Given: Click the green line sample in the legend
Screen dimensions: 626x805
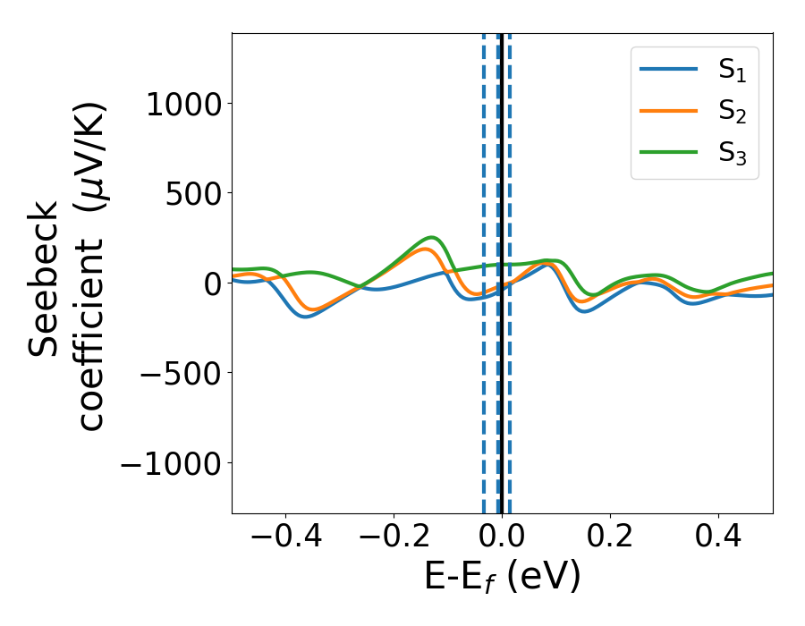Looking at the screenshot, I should click(x=668, y=153).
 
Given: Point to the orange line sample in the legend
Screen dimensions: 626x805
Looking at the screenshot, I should click(x=668, y=112).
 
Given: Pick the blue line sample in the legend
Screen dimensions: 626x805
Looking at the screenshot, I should click(x=668, y=72).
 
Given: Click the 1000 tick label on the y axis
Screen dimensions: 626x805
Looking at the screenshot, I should click(x=183, y=104).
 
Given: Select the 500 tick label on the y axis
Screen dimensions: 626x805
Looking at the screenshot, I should click(x=195, y=193).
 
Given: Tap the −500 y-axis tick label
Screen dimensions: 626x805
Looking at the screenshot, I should click(x=181, y=373).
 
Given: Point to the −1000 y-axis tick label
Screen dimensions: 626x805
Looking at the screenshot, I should click(x=170, y=462).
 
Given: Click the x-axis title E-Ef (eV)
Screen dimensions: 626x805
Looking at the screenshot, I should click(x=502, y=578).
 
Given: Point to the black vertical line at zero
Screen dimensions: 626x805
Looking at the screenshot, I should click(x=502, y=402).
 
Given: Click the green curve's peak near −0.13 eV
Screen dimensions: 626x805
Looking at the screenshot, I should click(x=432, y=237).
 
